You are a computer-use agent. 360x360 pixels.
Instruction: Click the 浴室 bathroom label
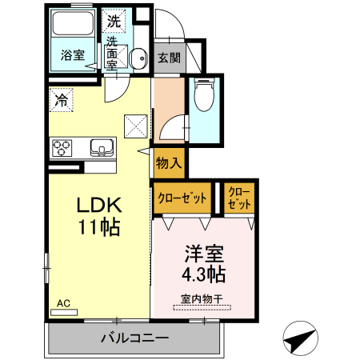point(73,55)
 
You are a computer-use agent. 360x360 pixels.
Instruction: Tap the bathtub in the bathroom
point(73,32)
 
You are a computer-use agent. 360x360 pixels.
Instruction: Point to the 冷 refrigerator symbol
point(62,100)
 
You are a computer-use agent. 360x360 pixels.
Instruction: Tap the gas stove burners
point(62,147)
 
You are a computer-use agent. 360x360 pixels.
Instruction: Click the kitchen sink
point(102,147)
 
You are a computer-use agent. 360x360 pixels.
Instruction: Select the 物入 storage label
point(169,163)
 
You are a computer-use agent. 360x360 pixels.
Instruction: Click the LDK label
point(98,203)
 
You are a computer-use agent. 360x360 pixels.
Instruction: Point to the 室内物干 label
point(201,299)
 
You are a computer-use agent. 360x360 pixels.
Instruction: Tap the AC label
point(64,303)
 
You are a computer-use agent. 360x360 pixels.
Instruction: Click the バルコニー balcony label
point(134,338)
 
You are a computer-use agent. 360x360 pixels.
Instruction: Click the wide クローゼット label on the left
point(182,198)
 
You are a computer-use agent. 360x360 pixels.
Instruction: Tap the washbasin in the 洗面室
point(138,58)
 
